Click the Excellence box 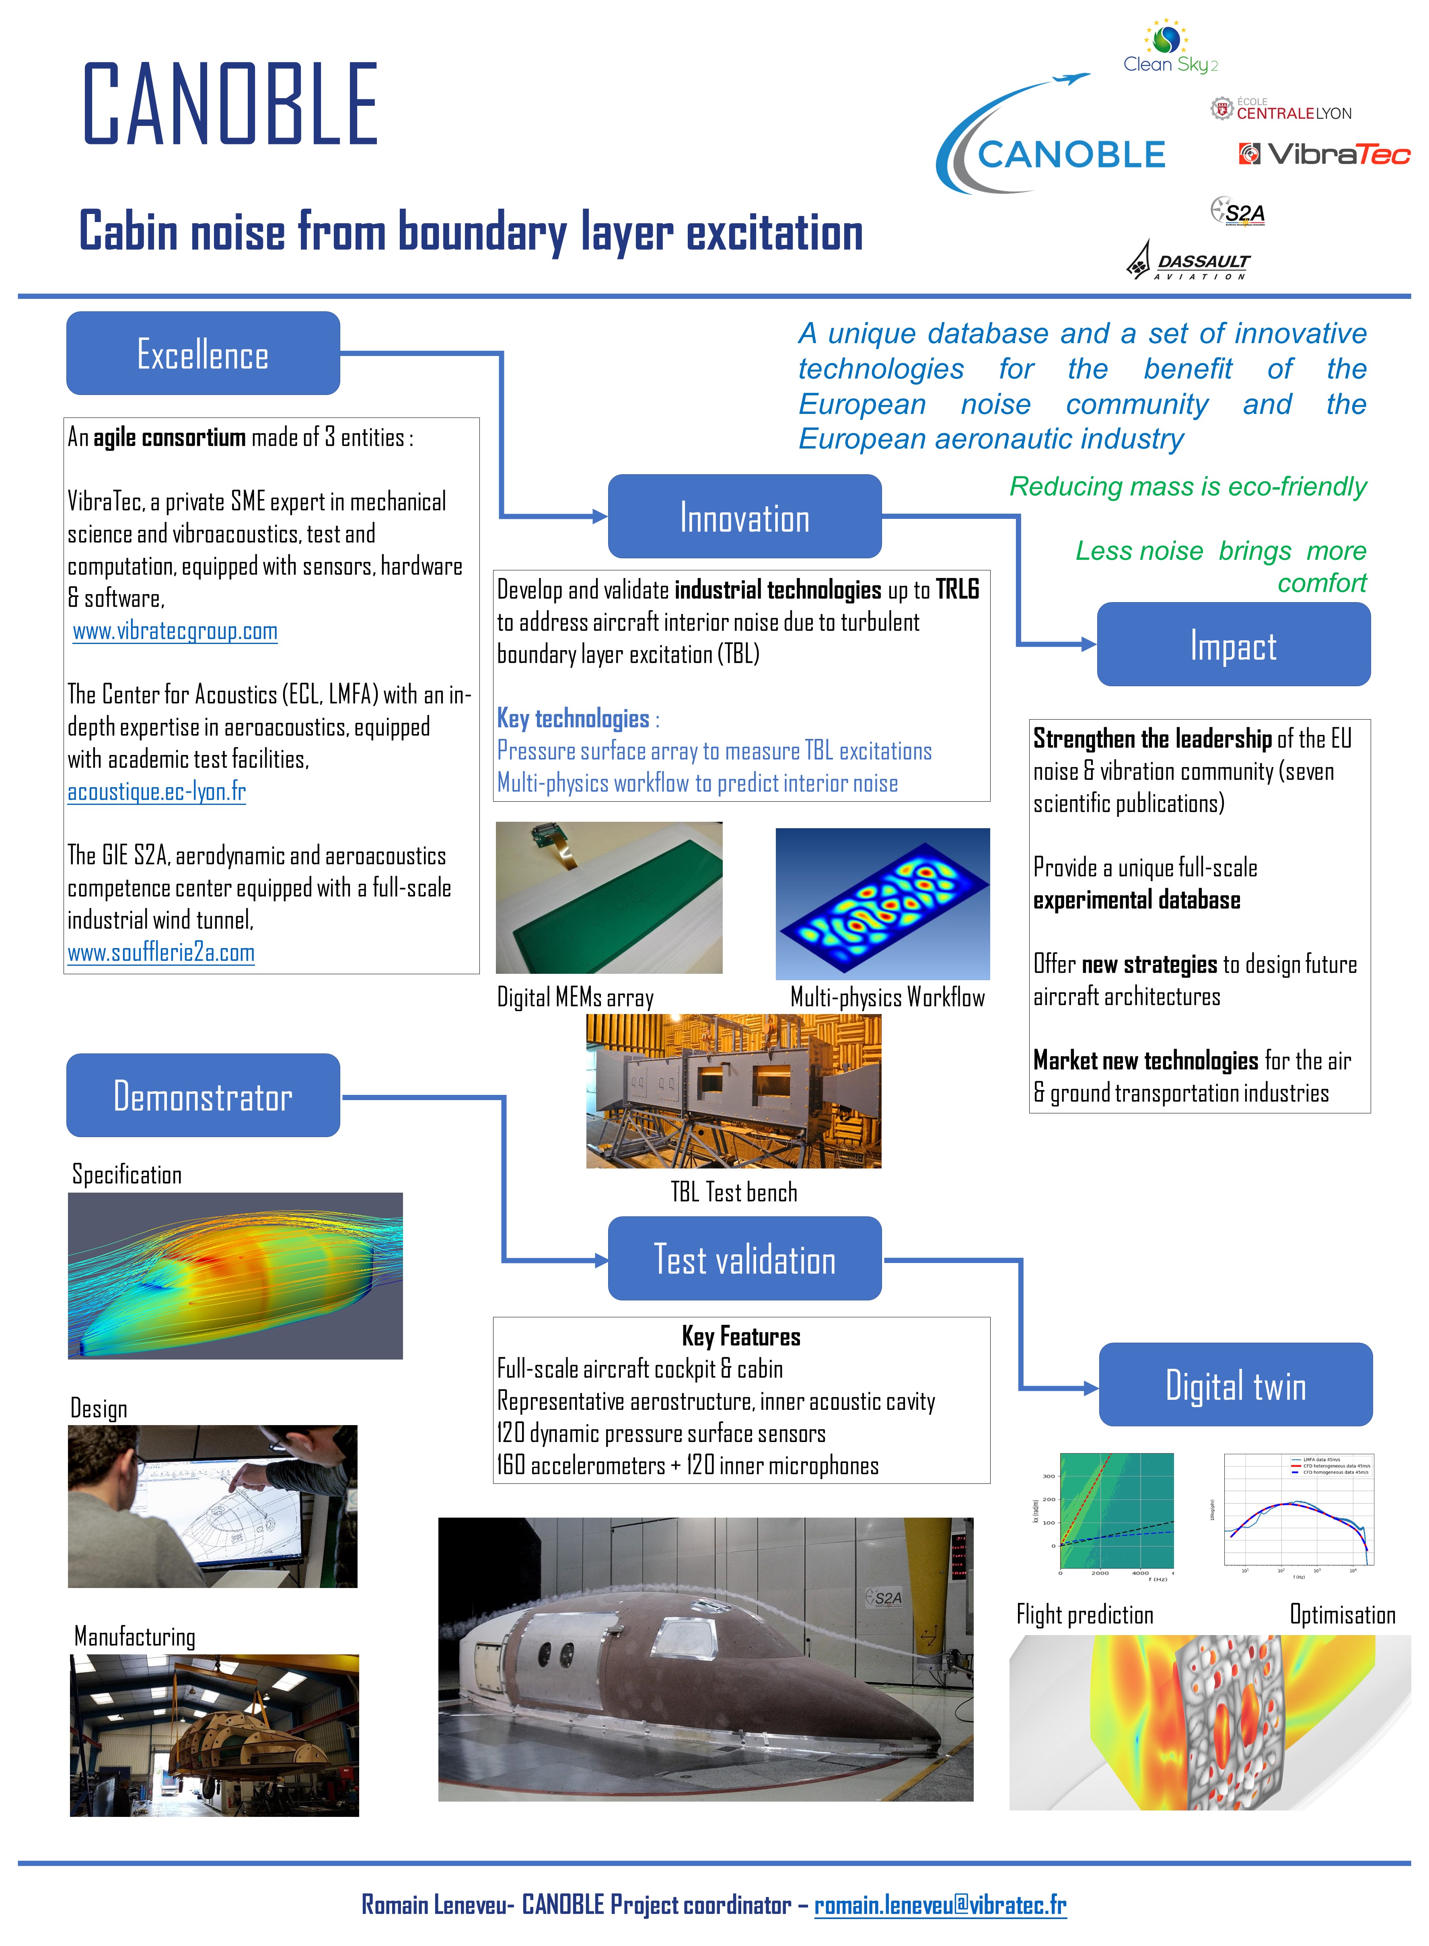tap(202, 354)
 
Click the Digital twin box tap(1235, 1385)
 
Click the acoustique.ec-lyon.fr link tap(156, 791)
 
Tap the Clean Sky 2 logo tap(1170, 47)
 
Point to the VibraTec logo tap(1324, 154)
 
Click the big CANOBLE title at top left tap(230, 104)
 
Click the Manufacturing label tap(135, 1636)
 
